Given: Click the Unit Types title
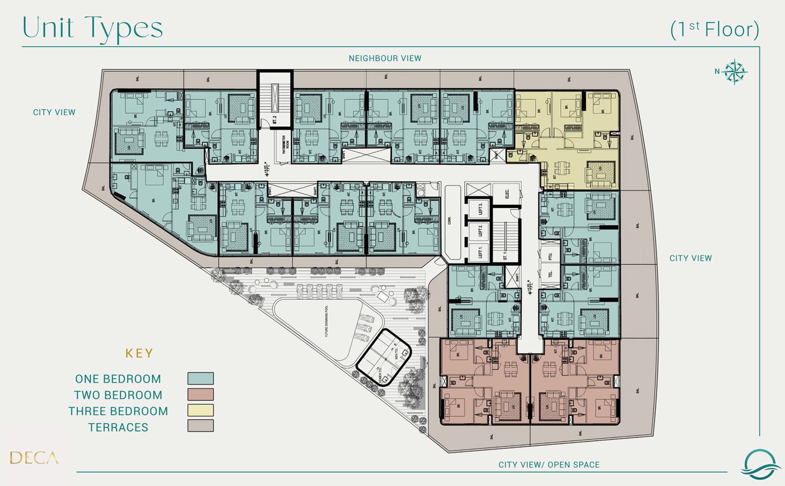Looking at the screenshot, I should coord(92,28).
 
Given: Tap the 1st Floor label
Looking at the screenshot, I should coord(714,29).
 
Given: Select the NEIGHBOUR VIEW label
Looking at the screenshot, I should coord(385,58).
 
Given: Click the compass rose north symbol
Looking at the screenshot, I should coord(734,72).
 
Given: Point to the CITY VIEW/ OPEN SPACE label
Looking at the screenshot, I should coord(549,464).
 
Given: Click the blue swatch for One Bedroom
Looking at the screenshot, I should coord(200,378).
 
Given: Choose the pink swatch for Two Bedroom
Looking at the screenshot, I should coord(200,394).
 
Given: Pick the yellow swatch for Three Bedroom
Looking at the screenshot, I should coord(200,410).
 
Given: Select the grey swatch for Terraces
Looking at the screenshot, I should coord(200,426).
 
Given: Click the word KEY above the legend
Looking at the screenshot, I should coord(139,354).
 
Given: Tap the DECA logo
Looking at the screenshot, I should coord(34,458).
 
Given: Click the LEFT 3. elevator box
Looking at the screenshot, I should coord(479,208).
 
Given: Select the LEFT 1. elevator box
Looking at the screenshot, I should coord(479,253).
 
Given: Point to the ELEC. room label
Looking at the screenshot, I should coord(507,193).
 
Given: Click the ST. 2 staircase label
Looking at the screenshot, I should coord(275,119).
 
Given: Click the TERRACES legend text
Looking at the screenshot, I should coord(118,427).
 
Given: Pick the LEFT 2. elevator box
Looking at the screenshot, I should coord(479,230).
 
